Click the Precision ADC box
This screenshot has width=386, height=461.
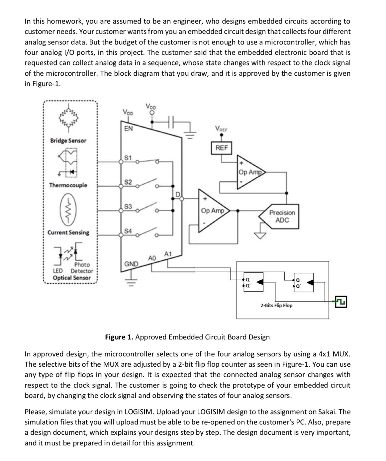[x=282, y=216]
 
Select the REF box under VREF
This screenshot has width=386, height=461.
[x=222, y=147]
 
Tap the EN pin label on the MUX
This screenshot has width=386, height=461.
[x=128, y=128]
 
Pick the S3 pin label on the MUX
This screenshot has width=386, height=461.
[x=128, y=206]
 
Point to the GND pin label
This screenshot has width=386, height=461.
[x=131, y=264]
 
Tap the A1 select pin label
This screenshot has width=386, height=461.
[x=168, y=254]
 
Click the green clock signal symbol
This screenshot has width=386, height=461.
[x=341, y=302]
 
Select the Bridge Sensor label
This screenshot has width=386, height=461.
[x=68, y=140]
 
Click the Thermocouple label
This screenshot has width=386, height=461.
[x=68, y=185]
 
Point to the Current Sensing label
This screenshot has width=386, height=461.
[x=68, y=232]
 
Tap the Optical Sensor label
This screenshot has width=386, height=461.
[x=71, y=278]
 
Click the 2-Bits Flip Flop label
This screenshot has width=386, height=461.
[x=276, y=305]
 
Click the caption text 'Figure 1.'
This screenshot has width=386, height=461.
[x=119, y=337]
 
